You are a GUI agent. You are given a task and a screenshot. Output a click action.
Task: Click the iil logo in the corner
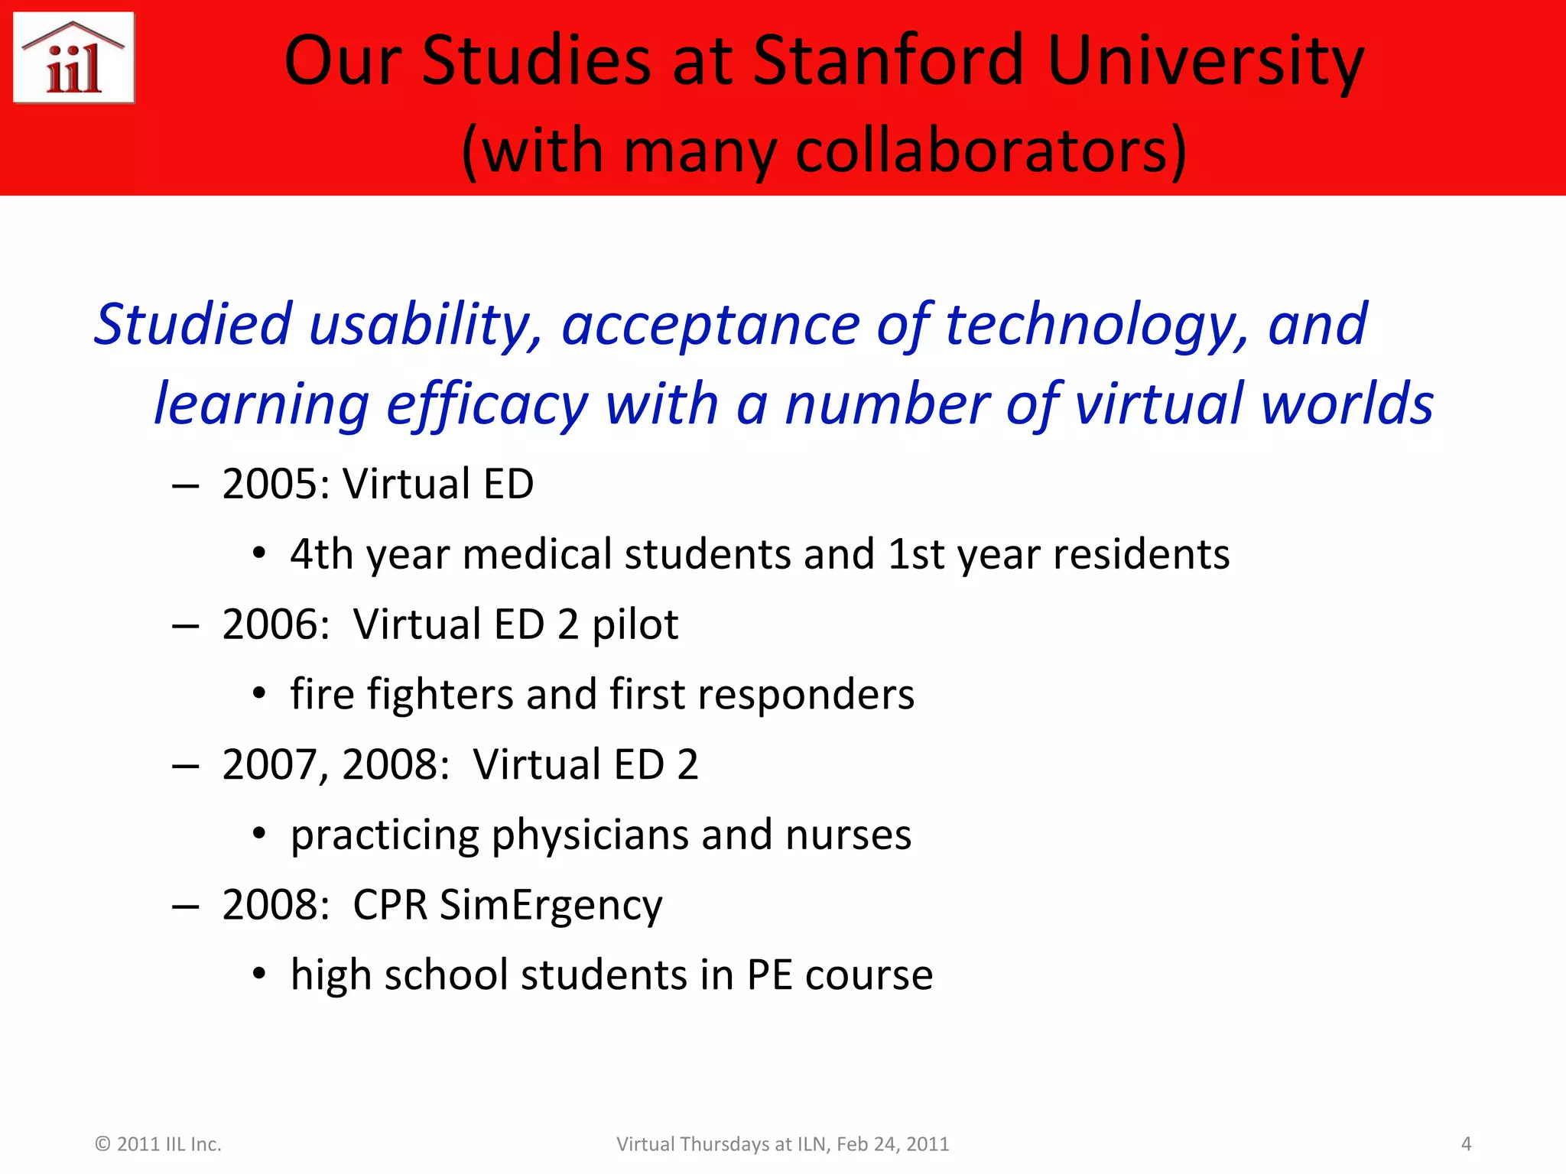(73, 58)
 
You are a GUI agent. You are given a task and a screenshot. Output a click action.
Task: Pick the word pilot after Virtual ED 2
(635, 625)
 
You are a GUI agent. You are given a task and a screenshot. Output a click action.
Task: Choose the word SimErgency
(551, 906)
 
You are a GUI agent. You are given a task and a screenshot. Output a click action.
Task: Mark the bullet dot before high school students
(259, 975)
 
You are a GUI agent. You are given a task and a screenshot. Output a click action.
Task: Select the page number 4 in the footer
(1466, 1144)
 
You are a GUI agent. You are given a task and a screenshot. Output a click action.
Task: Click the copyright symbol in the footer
(102, 1144)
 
